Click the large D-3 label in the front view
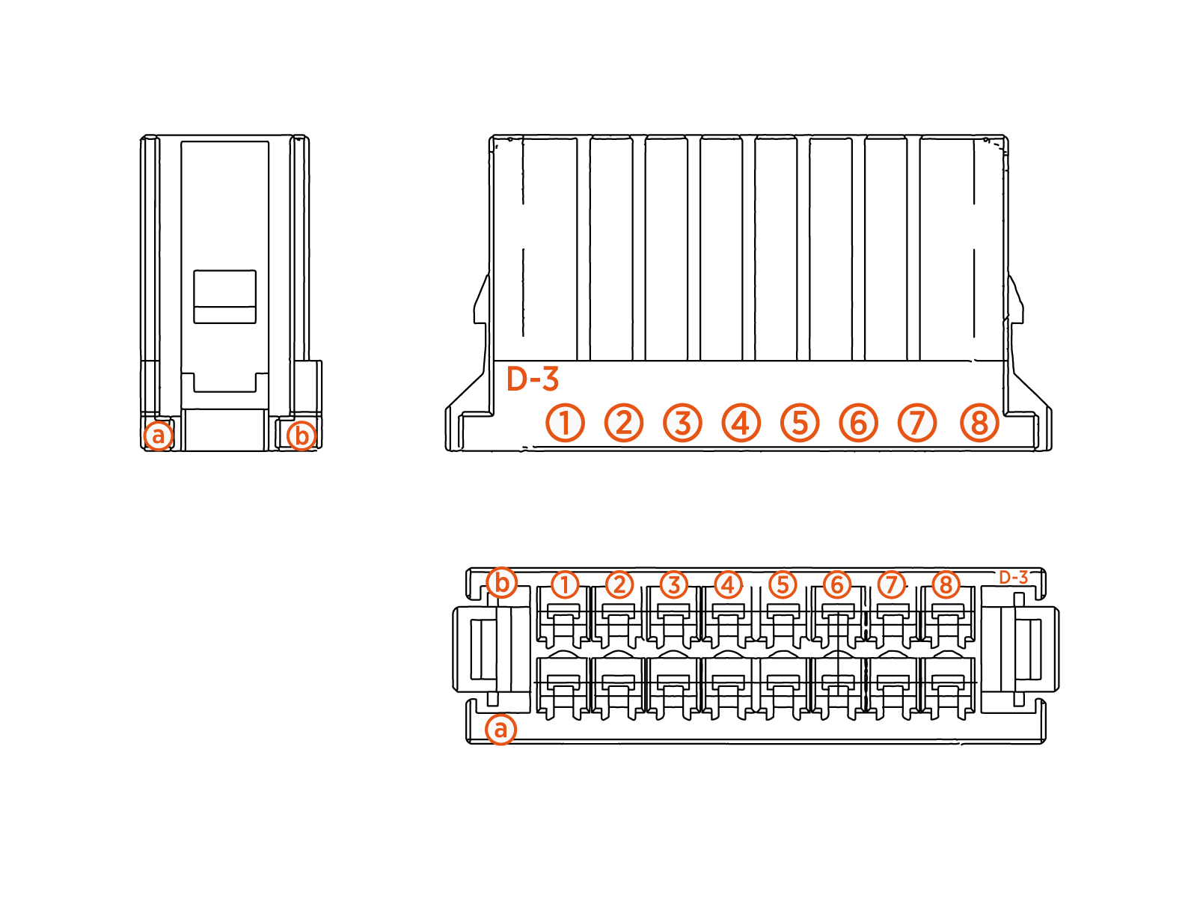[533, 379]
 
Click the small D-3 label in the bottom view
[1014, 577]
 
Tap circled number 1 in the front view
[565, 423]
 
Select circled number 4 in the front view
[741, 423]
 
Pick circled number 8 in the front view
[979, 423]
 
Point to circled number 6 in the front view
[858, 423]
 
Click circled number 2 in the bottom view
[619, 584]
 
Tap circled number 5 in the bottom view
[783, 584]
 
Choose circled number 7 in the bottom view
[891, 584]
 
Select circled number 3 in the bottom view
[674, 584]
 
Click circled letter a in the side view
[158, 435]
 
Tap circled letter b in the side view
[301, 435]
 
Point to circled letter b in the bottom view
[501, 582]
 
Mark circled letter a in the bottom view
[500, 729]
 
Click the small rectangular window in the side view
[224, 296]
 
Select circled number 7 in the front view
[917, 423]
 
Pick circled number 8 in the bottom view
[946, 584]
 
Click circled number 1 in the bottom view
[565, 584]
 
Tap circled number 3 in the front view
[682, 423]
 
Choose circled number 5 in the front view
[800, 423]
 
